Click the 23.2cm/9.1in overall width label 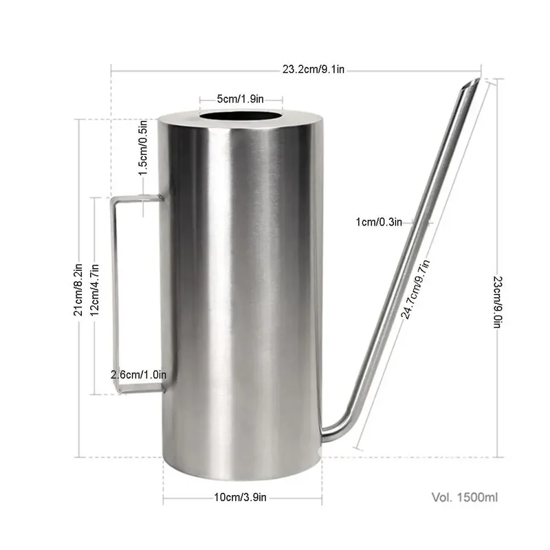(313, 69)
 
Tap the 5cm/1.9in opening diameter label (240, 99)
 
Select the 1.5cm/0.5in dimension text (143, 148)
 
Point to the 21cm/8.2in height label (78, 289)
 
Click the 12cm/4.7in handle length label (95, 289)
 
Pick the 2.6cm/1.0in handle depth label (139, 375)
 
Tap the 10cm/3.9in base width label (240, 497)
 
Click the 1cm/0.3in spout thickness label (379, 222)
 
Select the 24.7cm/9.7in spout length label (416, 289)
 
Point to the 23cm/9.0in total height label (498, 302)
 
